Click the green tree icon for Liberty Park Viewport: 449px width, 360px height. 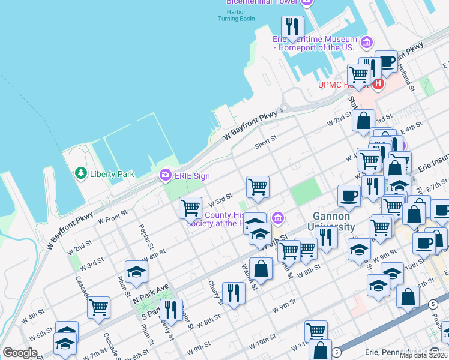80,173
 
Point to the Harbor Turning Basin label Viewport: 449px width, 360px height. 237,15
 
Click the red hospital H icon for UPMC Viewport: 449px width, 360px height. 378,85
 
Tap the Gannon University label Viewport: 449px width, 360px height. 334,221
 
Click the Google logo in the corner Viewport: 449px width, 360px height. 20,353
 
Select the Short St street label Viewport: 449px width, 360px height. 265,142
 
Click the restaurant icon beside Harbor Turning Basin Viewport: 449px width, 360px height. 292,26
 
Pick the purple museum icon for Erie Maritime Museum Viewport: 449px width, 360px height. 366,42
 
